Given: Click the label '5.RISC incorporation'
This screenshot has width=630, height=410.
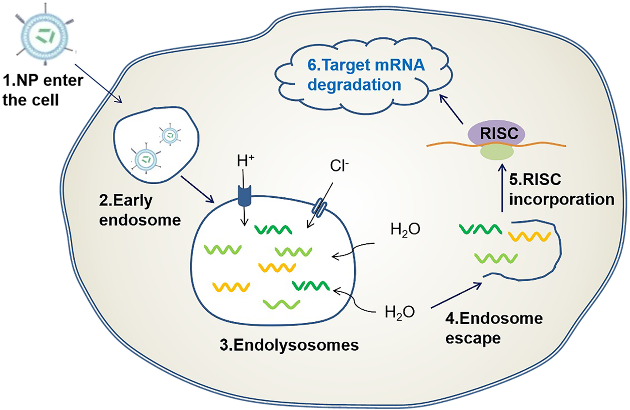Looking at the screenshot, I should (x=560, y=190).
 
